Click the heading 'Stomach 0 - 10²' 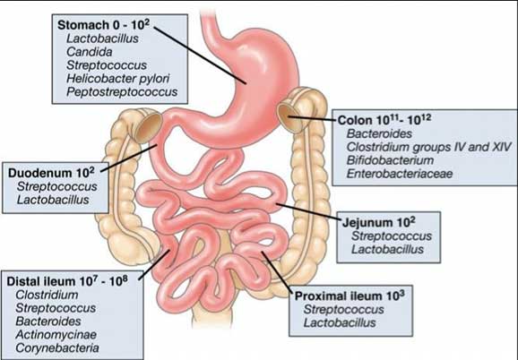[x=103, y=25]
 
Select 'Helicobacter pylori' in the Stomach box [x=118, y=79]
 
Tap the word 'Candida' [x=90, y=52]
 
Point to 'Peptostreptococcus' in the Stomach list [x=122, y=91]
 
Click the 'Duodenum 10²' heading [x=51, y=173]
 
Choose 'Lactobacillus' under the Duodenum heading [x=53, y=200]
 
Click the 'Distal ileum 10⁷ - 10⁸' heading [x=67, y=281]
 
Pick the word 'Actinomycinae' [x=56, y=335]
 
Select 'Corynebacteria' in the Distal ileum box [x=57, y=347]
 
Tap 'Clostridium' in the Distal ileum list [x=47, y=295]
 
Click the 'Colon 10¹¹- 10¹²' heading [x=384, y=120]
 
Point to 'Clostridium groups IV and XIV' [x=428, y=147]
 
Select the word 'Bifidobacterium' [x=390, y=160]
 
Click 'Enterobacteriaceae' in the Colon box [x=400, y=174]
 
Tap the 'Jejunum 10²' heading [x=378, y=222]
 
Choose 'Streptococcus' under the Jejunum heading [x=392, y=236]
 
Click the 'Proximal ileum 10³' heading [x=350, y=296]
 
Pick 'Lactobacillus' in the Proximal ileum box [x=340, y=322]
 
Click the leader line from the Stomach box [x=200, y=56]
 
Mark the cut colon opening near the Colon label [x=289, y=117]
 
